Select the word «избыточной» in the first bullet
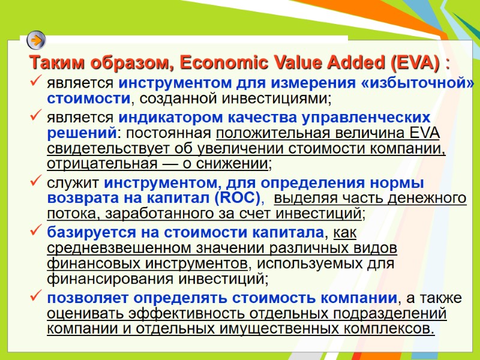[418, 83]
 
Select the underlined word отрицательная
[99, 164]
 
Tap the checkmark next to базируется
[35, 230]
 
